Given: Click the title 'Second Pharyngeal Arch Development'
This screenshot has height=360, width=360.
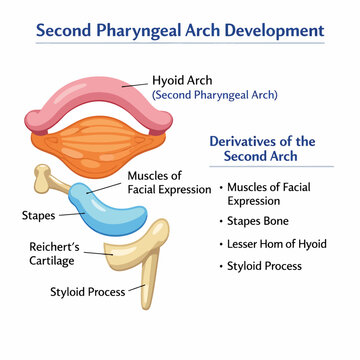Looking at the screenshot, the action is [x=180, y=30].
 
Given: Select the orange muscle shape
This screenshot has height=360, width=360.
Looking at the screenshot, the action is [x=98, y=147].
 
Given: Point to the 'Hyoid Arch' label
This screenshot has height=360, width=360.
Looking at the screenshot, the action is [x=182, y=80].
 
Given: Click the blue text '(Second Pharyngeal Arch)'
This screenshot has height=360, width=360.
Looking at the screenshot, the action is [x=215, y=95].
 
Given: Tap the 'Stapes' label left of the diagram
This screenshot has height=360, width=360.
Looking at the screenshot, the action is [x=38, y=216].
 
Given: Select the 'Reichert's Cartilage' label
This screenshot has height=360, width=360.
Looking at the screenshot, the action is [x=54, y=254].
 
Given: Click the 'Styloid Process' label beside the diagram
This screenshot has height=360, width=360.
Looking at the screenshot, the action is [x=88, y=292].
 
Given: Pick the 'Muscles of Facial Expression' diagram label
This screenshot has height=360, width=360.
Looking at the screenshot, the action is [x=169, y=183].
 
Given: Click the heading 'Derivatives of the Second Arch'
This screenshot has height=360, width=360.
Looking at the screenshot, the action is [x=262, y=149].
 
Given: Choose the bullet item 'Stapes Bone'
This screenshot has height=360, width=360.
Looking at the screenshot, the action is [x=258, y=221].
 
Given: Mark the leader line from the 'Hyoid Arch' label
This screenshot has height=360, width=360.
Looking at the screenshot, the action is [x=135, y=85].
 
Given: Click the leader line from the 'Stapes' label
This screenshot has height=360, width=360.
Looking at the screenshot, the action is [x=72, y=214].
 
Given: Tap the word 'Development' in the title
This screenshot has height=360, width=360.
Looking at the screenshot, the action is [x=275, y=30].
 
